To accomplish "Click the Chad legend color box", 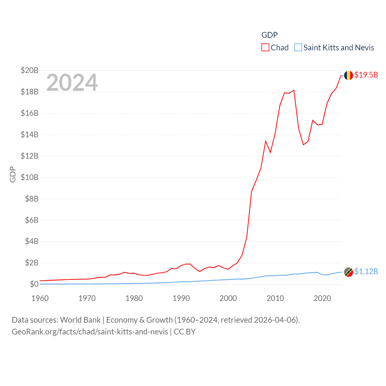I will (265, 48).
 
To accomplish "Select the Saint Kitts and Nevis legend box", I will (298, 48).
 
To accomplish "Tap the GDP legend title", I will (269, 35).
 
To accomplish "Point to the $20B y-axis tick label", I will (30, 70).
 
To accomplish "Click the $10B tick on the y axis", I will (30, 177).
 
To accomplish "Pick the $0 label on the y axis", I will (34, 284).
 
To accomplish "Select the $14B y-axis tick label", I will (30, 134).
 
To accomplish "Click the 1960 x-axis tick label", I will (40, 299).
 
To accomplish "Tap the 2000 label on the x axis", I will (228, 299).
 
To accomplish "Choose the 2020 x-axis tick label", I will (322, 299).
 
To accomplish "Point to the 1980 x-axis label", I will (134, 299).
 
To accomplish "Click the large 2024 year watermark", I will (72, 82).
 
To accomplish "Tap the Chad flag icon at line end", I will (349, 75).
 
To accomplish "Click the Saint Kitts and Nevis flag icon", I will (349, 272).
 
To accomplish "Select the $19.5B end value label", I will (366, 75).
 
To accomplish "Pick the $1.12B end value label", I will (366, 271).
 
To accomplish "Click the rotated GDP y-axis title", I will (13, 174).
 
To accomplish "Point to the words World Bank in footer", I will (81, 320).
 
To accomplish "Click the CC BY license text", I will (185, 332).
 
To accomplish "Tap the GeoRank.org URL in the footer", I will (90, 332).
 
